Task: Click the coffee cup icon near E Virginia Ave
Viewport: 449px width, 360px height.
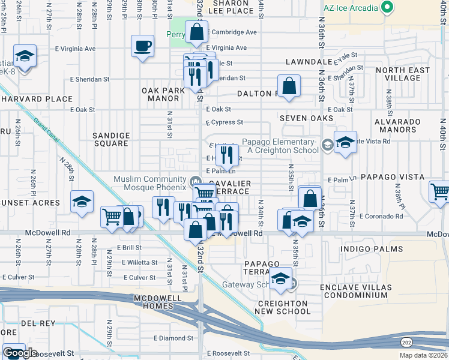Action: click(142, 46)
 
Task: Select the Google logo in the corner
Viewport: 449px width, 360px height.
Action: click(20, 353)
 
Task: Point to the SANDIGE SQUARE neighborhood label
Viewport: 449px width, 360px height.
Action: click(110, 140)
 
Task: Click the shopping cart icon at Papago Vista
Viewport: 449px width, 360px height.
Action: click(440, 193)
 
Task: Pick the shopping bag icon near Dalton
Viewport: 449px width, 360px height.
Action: click(289, 85)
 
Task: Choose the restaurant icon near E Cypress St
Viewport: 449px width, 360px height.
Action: click(226, 155)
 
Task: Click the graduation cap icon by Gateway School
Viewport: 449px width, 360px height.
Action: click(280, 278)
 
